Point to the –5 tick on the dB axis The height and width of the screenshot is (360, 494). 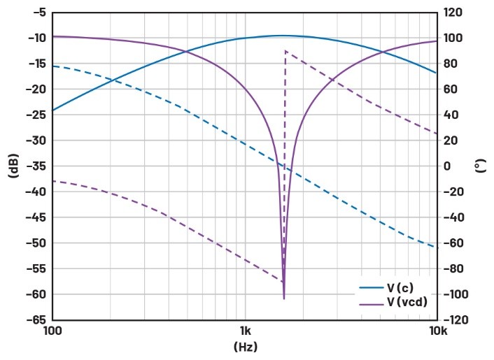point(36,13)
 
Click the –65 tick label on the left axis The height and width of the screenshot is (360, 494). point(34,319)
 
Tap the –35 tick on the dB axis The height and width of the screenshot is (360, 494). point(34,166)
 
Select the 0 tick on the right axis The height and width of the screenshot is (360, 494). point(447,166)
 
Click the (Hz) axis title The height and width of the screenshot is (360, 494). point(245,346)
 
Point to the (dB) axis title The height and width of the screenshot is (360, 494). point(13,166)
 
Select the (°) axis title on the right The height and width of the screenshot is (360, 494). point(481,166)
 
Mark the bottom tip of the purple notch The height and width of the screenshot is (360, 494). point(284,299)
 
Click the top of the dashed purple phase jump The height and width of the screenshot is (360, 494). point(285,51)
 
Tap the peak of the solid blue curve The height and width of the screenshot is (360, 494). point(282,36)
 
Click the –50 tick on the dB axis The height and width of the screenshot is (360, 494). point(34,243)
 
